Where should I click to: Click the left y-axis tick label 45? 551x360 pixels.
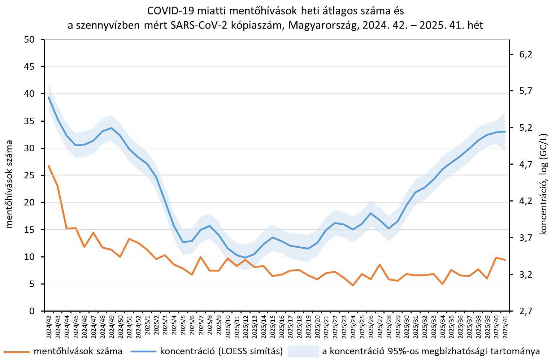29,67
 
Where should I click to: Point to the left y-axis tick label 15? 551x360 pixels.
29,230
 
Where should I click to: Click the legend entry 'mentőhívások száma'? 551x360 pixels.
78,351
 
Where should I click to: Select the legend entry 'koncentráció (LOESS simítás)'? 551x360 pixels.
221,351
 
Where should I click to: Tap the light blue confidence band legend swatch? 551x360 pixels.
303,351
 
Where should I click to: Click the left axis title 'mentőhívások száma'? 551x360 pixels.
9,184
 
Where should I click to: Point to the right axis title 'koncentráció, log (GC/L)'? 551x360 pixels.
543,184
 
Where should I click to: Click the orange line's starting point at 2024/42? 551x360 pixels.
49,166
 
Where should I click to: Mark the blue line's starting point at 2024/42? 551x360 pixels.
49,97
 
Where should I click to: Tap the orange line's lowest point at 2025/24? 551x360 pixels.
353,285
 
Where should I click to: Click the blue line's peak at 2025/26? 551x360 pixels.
371,213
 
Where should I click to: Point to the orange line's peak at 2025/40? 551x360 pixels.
496,257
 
